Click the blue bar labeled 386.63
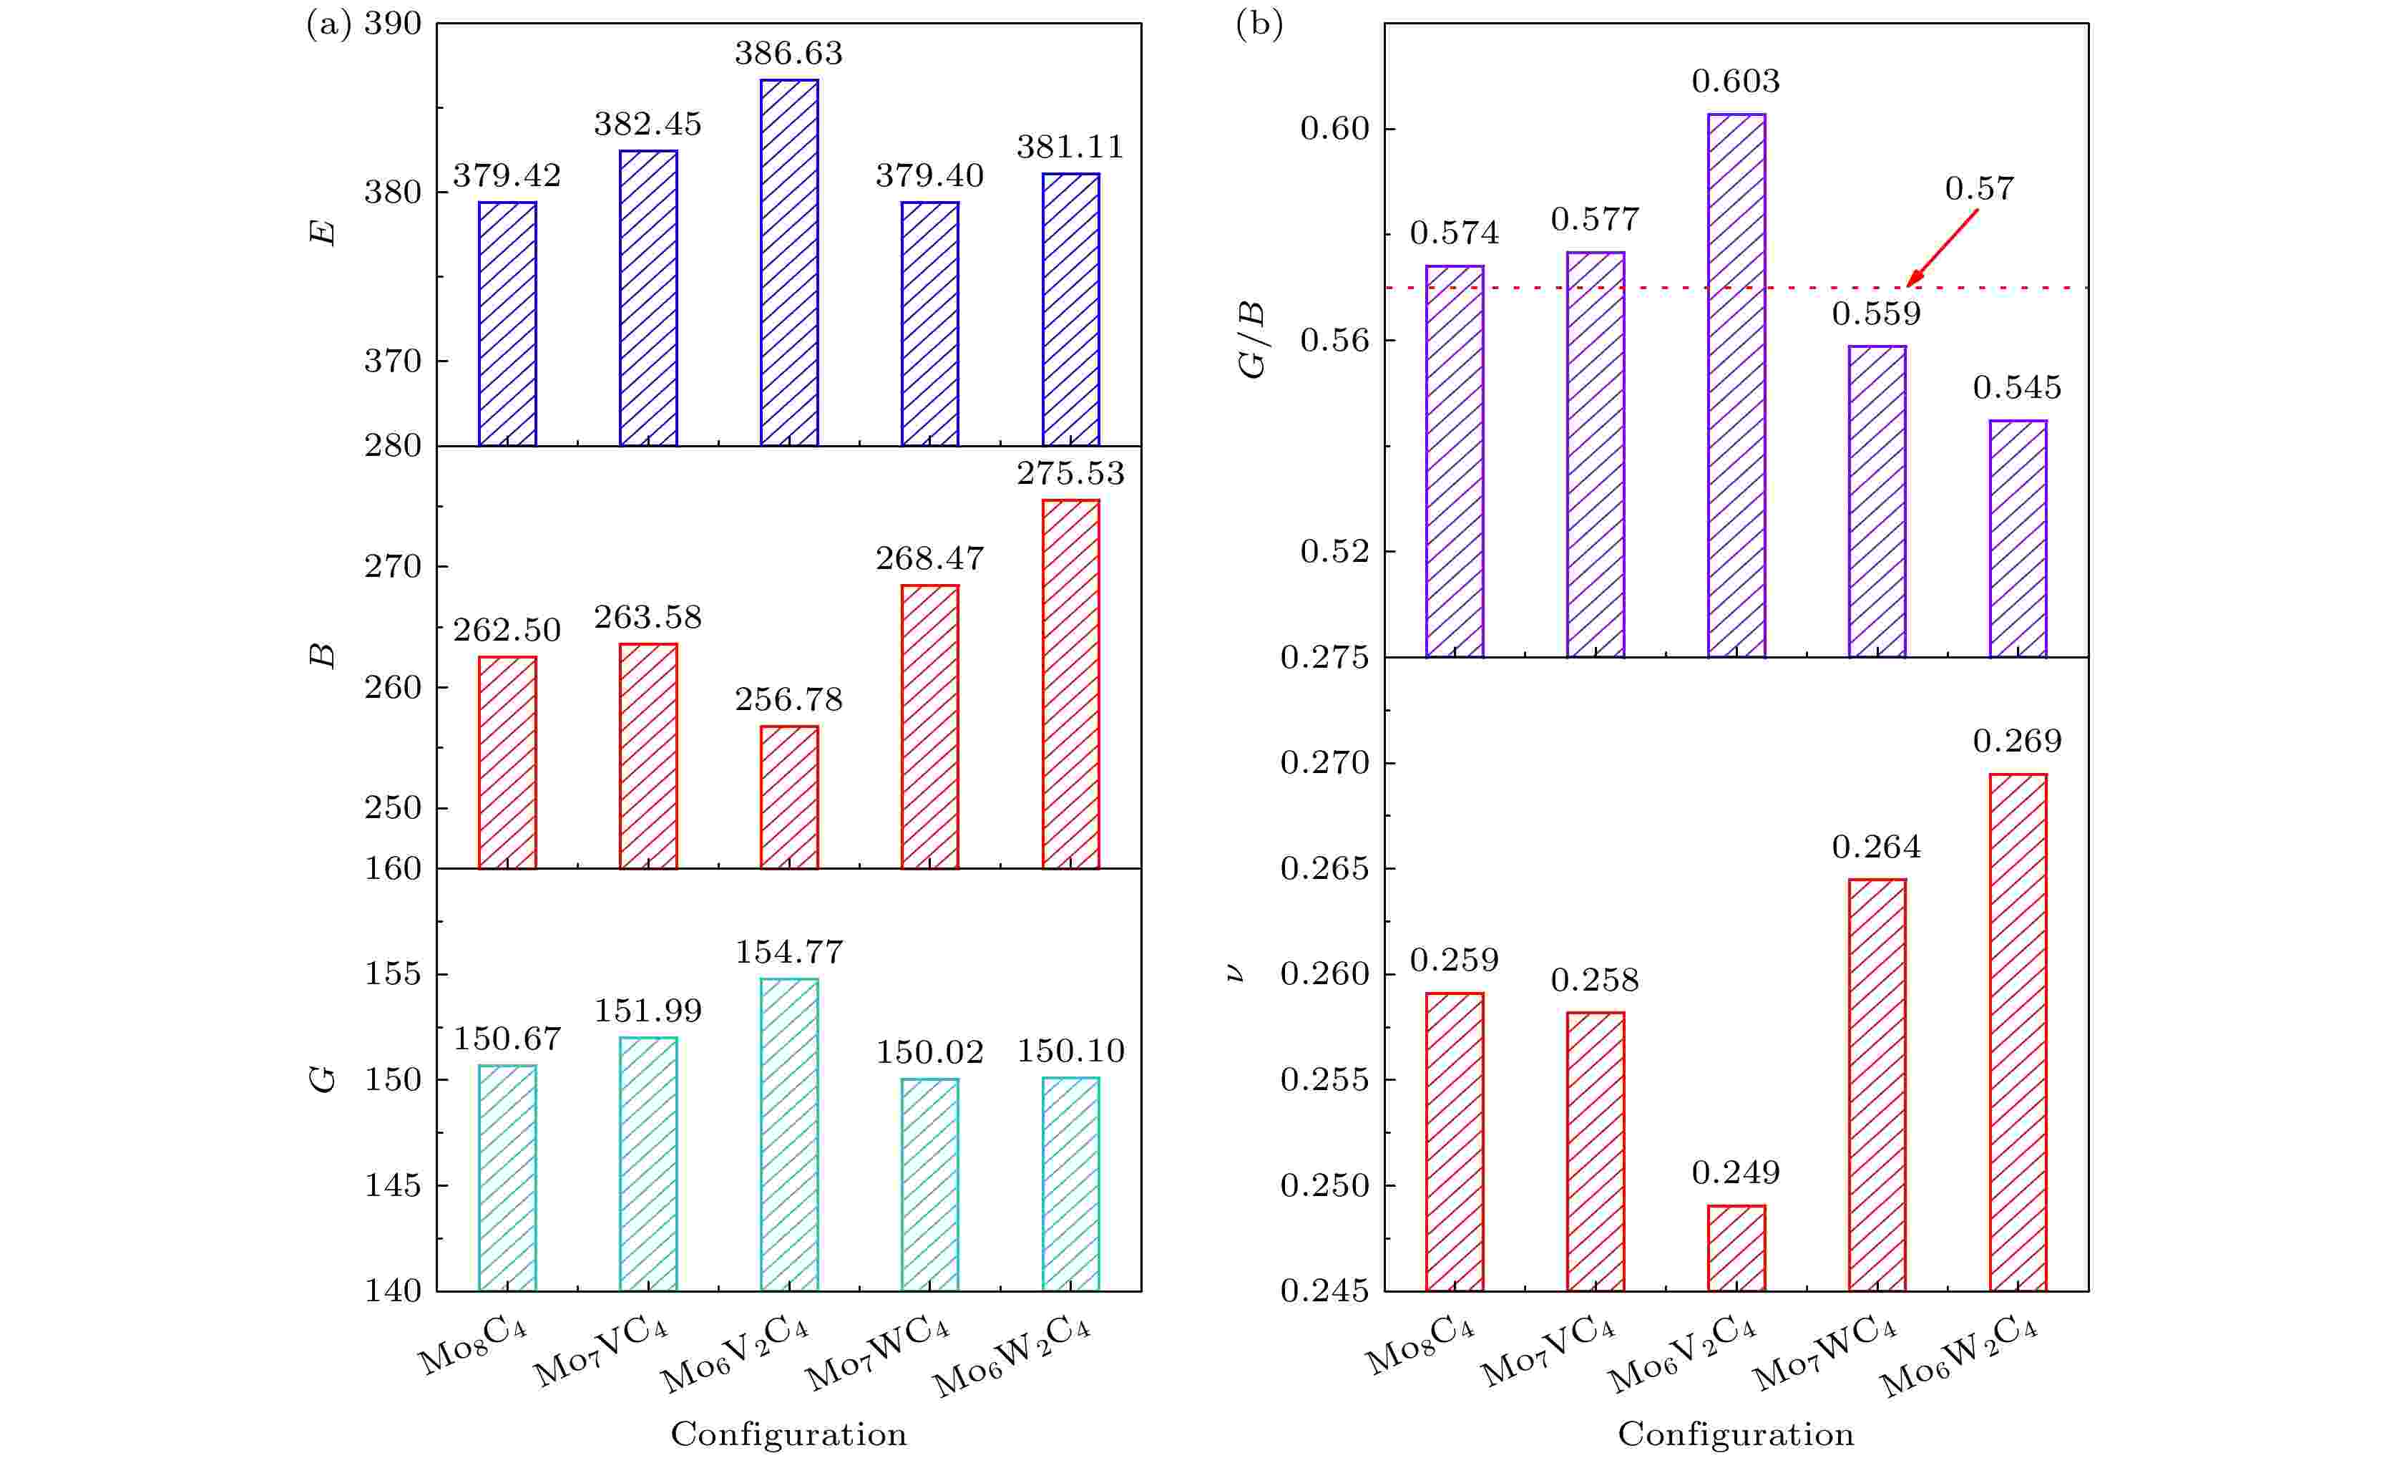tap(789, 263)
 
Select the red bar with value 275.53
tap(1070, 684)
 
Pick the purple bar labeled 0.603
tap(1736, 385)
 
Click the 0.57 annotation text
tap(1979, 188)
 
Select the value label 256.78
tap(789, 700)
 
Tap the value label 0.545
tap(2017, 388)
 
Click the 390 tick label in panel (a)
tap(393, 24)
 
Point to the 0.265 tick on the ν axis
tap(1324, 869)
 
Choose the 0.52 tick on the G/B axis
tap(1334, 552)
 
